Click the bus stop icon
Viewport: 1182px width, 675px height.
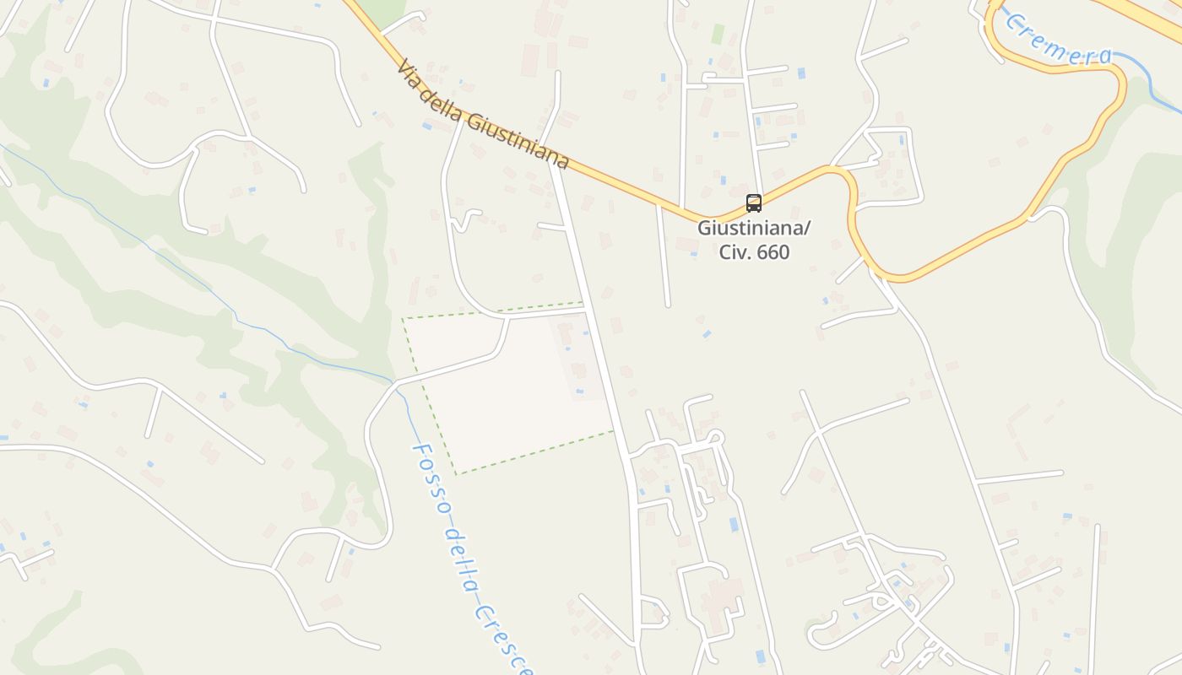(x=753, y=203)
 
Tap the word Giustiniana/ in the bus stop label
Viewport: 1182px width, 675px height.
(x=742, y=228)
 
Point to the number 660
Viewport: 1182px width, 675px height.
(x=773, y=252)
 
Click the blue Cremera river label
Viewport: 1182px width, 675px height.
(x=1059, y=42)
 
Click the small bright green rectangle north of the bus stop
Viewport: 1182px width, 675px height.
(x=718, y=34)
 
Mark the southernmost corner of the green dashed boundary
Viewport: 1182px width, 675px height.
(x=456, y=474)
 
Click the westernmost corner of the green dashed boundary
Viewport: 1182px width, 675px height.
(x=403, y=319)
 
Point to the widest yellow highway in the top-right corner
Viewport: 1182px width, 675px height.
(x=1148, y=17)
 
